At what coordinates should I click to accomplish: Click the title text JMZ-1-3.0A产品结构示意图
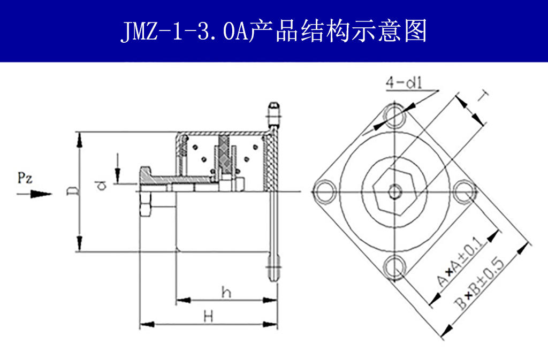[x=273, y=31]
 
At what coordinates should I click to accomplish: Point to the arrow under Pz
[x=35, y=194]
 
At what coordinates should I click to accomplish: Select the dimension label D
[x=72, y=191]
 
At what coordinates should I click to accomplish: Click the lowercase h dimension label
[x=226, y=292]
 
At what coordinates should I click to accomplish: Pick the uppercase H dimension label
[x=209, y=317]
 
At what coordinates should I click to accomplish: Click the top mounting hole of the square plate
[x=395, y=115]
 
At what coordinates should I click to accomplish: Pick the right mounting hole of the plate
[x=465, y=192]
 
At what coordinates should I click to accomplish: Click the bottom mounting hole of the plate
[x=395, y=267]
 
